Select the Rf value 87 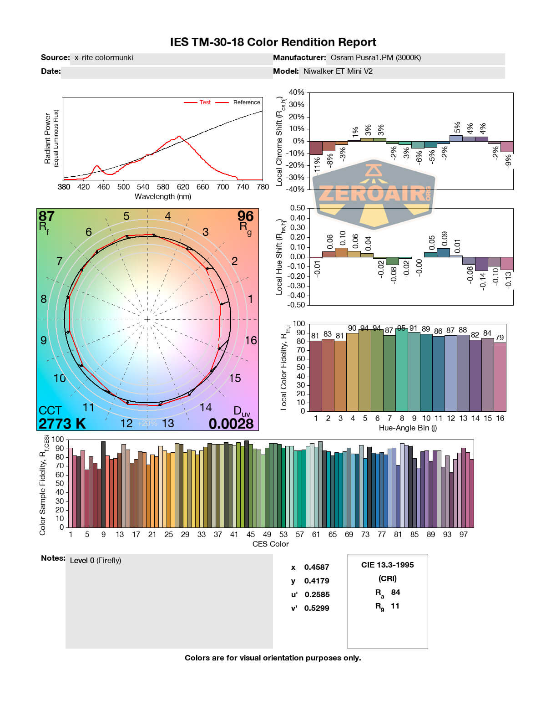point(46,216)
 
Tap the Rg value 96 point(245,216)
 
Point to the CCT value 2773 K point(62,424)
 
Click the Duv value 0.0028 point(231,424)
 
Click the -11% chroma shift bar point(316,148)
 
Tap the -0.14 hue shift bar point(481,264)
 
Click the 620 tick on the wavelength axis point(183,187)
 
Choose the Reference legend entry point(246,102)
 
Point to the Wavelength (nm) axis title point(163,197)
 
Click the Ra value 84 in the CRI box point(395,592)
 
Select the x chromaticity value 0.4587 point(317,567)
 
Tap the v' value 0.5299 point(317,608)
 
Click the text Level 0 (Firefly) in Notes point(96,560)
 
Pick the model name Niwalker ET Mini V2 point(338,71)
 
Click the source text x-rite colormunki point(104,57)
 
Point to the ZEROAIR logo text point(371,194)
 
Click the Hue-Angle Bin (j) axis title point(408,428)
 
